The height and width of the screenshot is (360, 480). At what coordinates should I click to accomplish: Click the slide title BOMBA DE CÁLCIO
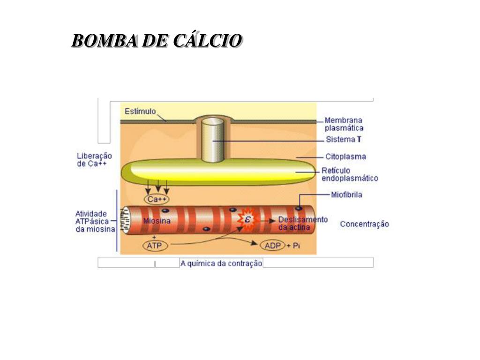click(157, 41)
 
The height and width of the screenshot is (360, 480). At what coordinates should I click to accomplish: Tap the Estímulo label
click(140, 112)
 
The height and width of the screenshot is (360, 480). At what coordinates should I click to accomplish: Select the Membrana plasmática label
click(344, 124)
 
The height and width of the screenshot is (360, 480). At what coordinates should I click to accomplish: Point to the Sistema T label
click(343, 140)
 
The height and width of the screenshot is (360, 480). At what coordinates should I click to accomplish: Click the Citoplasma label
click(345, 157)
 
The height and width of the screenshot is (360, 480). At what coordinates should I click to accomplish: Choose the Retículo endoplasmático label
click(349, 174)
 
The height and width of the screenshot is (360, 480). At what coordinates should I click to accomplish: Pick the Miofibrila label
click(346, 195)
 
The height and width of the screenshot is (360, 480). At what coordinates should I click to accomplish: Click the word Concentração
click(364, 224)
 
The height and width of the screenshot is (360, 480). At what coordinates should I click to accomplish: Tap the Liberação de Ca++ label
click(94, 160)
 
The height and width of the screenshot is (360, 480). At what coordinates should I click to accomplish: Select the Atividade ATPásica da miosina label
click(95, 221)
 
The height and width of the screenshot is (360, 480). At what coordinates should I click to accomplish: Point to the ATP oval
click(154, 245)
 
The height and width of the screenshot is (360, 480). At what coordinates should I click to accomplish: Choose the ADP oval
click(272, 245)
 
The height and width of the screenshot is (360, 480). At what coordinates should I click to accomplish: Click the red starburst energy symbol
click(247, 219)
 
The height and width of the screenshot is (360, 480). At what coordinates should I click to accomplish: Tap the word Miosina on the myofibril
click(157, 221)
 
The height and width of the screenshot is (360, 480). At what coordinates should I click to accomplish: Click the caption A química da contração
click(221, 263)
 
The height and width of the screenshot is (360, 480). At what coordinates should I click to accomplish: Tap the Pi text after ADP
click(296, 246)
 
